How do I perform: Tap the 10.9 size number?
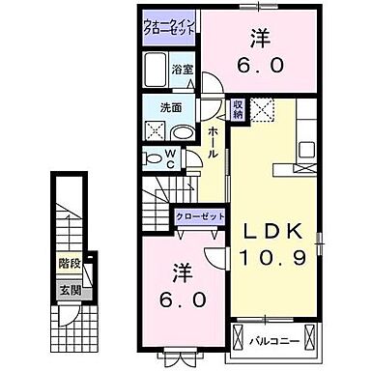pyautogui.click(x=273, y=258)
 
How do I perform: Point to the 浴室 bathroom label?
pyautogui.click(x=184, y=70)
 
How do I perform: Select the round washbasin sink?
pyautogui.click(x=183, y=132)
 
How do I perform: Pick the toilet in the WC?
pyautogui.click(x=155, y=158)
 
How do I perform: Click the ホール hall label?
pyautogui.click(x=213, y=142)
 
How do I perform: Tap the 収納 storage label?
pyautogui.click(x=238, y=108)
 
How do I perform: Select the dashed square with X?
pyautogui.click(x=261, y=112)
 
